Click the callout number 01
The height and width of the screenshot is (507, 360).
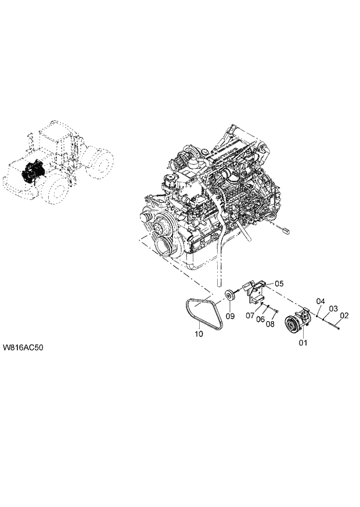pos(302,343)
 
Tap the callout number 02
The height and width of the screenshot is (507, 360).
pos(344,315)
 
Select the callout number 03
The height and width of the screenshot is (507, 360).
pos(333,308)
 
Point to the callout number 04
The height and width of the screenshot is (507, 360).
pos(320,301)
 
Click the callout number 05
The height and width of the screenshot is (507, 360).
pos(279,283)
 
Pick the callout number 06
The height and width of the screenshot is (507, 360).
pos(261,320)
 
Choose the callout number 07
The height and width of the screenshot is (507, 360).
pos(250,316)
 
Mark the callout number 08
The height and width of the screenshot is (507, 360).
pos(270,324)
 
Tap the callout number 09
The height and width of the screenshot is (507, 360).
pos(230,316)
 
